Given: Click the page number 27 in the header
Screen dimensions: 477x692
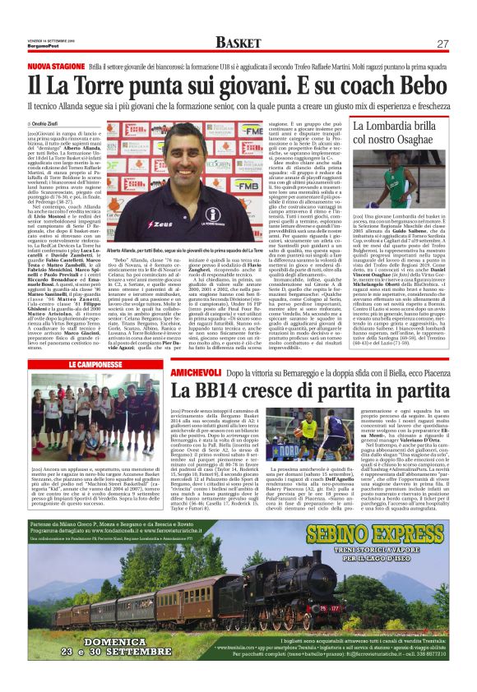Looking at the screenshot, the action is pos(442,44).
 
